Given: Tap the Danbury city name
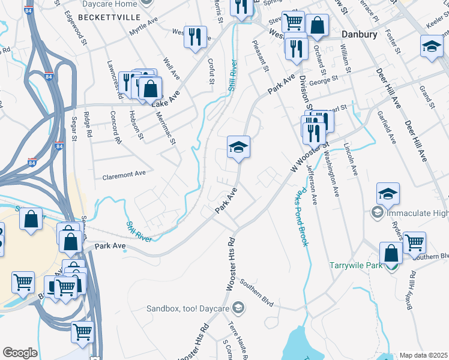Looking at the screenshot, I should pos(359,34).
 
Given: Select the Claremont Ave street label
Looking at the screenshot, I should pos(124,175).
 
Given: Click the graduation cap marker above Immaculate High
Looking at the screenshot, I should pos(388,192).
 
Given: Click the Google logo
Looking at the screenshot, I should pos(20,353).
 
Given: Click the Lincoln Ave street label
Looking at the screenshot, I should pos(351,159).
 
